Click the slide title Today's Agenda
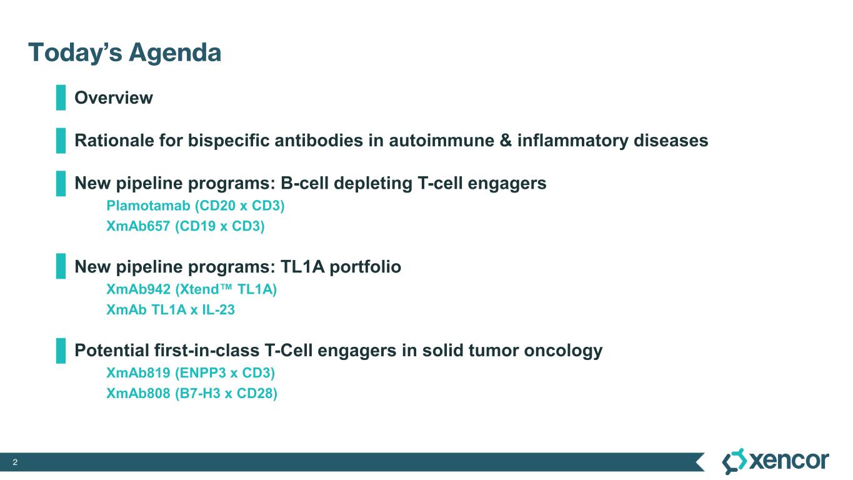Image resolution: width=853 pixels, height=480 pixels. point(124,52)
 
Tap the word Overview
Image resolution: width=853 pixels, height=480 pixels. point(114,98)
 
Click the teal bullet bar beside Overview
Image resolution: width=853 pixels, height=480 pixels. point(61,97)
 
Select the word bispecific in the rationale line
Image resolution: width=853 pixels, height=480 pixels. point(229,141)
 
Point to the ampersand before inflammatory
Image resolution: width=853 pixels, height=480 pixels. point(506,141)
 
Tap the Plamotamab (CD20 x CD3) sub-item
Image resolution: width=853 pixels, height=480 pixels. point(196,206)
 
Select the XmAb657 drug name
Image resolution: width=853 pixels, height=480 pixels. point(138,226)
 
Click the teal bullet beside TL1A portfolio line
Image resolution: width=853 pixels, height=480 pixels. point(61,266)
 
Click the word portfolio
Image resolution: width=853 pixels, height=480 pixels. point(365,267)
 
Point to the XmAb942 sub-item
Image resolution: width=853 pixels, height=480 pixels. point(191,289)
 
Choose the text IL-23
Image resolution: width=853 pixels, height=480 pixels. point(218,310)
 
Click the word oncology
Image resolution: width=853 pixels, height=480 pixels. point(563,351)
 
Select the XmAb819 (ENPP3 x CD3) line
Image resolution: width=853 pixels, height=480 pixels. point(191,373)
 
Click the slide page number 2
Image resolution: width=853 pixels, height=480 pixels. point(15,462)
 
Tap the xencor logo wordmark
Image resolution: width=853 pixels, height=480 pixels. point(789,461)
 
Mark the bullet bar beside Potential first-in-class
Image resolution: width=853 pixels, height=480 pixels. point(61,351)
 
